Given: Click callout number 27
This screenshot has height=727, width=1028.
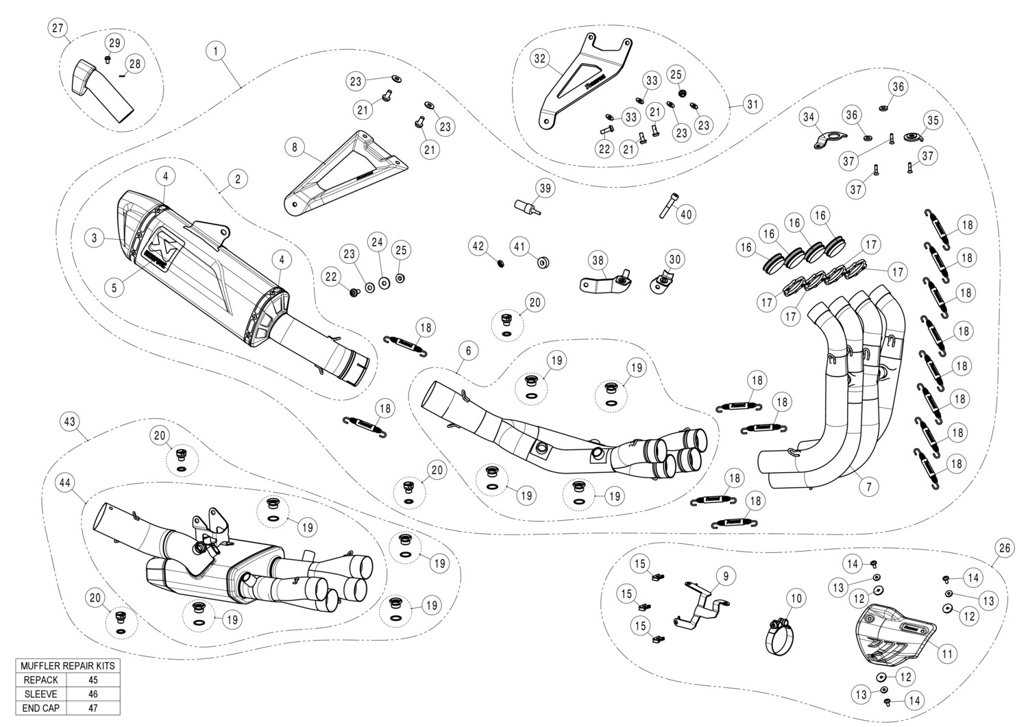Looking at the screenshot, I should tap(58, 28).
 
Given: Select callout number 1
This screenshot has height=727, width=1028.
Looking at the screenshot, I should tap(216, 51).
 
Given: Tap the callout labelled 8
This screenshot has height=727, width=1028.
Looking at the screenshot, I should tap(294, 147).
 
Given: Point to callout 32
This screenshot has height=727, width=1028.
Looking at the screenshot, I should tap(540, 59).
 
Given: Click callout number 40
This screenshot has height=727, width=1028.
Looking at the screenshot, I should tap(686, 214).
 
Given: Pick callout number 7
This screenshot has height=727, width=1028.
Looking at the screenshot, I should tap(868, 487).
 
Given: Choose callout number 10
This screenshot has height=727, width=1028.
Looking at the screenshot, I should tap(795, 598).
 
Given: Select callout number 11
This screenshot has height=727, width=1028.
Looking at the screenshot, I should tap(946, 654).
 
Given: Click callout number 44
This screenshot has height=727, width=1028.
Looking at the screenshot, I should tap(65, 483).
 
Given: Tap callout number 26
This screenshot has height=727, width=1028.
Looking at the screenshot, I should tap(1004, 547).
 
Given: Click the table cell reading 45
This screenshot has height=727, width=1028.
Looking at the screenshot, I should tap(93, 680).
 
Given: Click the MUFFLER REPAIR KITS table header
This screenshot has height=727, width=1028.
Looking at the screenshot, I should tap(68, 666).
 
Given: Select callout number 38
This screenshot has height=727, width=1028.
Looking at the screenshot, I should tap(598, 260).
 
